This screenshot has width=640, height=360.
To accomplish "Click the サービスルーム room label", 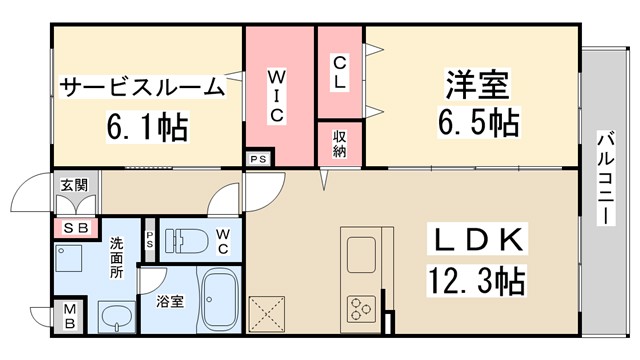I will click(142, 87).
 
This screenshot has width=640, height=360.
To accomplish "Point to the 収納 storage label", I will click(340, 143).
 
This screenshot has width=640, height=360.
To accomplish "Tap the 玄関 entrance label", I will click(73, 185).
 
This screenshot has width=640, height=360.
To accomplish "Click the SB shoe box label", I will click(75, 228).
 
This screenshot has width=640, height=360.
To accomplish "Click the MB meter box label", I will click(73, 318).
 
